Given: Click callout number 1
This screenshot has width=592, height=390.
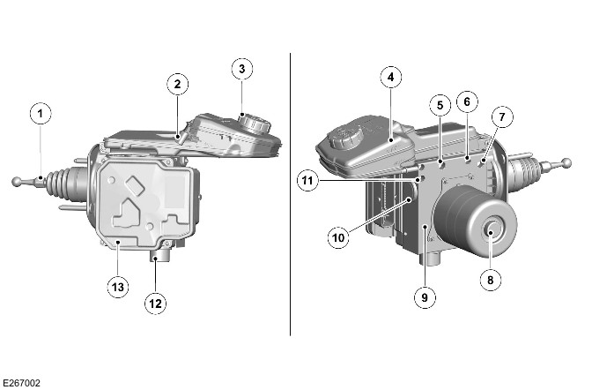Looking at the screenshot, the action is (41, 113).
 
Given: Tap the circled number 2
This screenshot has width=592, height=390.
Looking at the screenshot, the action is (177, 84).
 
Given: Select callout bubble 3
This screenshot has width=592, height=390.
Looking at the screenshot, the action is (242, 69).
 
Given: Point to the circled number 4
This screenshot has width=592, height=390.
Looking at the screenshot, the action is (391, 77).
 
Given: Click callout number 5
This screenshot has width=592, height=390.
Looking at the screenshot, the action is (440, 105).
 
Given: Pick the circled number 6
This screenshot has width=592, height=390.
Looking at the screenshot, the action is (467, 101).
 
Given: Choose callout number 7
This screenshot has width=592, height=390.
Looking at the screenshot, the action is (502, 116).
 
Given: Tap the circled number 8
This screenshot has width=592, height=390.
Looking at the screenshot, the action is (491, 280).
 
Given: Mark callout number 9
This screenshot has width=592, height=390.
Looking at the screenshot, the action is (425, 297).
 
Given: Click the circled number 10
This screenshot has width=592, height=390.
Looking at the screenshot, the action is (338, 238).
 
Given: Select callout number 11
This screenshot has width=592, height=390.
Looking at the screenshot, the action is (307, 180).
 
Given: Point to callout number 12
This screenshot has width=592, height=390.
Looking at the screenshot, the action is (156, 304).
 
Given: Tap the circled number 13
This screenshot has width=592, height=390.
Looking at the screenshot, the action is (118, 287).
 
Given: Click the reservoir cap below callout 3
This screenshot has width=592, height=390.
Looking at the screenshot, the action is (254, 123).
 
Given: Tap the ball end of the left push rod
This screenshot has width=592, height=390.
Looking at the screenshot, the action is (18, 182).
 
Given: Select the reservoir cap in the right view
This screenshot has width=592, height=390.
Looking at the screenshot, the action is (346, 137).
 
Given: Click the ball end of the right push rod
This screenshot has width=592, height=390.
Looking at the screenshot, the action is (566, 163).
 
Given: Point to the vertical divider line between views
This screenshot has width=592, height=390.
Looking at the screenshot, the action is (290, 194).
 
